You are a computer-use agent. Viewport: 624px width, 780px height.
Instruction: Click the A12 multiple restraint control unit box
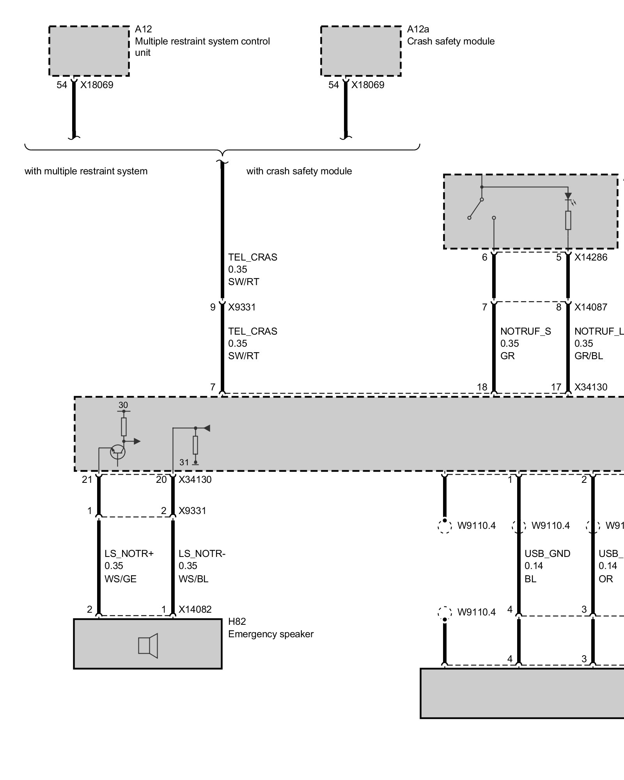coord(89,51)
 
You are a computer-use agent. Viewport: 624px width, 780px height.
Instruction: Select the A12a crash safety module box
coord(361,51)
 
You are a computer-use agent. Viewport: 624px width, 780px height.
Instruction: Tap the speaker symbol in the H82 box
coord(148,645)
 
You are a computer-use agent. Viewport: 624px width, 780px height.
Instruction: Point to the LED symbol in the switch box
coord(568,196)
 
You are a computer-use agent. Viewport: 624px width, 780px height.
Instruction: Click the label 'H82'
coord(237,622)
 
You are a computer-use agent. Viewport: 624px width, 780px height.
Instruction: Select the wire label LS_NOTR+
coord(129,553)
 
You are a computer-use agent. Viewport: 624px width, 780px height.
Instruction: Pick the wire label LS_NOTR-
coord(202,553)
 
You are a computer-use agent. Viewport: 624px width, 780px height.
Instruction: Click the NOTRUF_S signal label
coord(525,331)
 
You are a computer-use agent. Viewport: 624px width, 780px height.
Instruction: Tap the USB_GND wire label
coord(547,553)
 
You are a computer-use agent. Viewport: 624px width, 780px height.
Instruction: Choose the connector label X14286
coord(590,257)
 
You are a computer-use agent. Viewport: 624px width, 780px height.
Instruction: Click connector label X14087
coord(590,307)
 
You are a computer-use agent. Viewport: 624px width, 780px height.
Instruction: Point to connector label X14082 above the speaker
coord(195,609)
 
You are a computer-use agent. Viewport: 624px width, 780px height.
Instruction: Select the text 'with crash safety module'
coord(299,171)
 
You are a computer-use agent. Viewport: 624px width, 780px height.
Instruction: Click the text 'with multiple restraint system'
coord(86,171)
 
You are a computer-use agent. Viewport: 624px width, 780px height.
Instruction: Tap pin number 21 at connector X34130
coord(87,479)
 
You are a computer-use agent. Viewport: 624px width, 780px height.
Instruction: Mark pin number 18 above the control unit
coord(482,387)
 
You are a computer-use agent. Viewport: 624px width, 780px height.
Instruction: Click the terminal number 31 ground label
coord(184,462)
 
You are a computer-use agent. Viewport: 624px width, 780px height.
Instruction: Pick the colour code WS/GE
coord(121,579)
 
